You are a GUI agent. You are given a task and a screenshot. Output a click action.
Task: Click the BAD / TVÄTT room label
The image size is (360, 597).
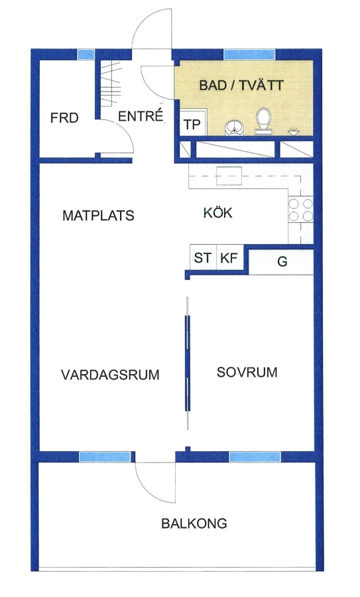[x=241, y=85]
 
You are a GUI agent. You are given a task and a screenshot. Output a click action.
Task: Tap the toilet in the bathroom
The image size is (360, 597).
[x=263, y=121]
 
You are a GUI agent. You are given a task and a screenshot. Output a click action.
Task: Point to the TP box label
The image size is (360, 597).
[x=192, y=125]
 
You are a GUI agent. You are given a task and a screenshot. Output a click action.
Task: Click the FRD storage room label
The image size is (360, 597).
[x=64, y=118]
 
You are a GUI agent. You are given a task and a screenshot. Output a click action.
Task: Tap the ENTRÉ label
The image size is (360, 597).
[x=141, y=115]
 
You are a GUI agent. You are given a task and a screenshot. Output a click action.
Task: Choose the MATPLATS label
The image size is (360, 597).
[x=98, y=216]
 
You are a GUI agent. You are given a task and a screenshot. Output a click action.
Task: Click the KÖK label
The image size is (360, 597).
[x=217, y=212]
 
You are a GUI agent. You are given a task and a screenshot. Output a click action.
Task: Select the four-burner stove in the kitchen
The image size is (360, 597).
[x=300, y=210]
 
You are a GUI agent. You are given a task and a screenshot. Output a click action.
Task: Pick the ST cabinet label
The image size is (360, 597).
[x=202, y=258]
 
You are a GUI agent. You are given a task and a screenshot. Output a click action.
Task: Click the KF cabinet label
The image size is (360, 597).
[x=229, y=258]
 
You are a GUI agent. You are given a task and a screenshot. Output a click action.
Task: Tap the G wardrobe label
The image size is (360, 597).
[x=282, y=261]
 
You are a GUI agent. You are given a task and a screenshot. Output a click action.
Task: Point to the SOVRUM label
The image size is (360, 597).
[x=247, y=372]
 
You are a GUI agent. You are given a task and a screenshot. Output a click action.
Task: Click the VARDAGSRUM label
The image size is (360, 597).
[x=110, y=375]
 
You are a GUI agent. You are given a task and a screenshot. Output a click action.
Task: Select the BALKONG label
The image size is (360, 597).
[x=194, y=523]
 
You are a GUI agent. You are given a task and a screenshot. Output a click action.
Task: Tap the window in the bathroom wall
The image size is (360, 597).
[x=249, y=54]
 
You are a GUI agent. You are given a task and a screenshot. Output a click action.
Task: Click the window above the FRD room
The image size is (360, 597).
[x=86, y=54]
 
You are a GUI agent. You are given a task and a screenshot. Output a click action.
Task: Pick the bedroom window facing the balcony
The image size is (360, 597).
[x=255, y=457]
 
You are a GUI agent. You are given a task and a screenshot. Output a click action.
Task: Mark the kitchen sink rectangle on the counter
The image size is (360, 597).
[x=229, y=176]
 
